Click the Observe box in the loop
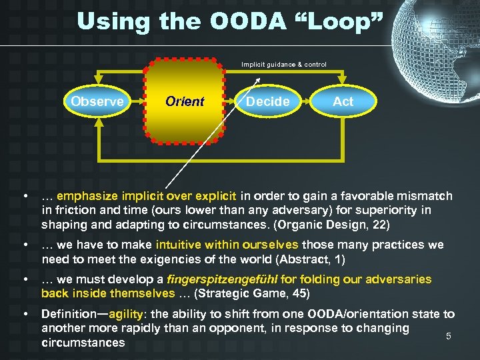(97, 101)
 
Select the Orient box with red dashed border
(184, 101)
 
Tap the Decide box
(267, 101)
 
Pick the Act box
(343, 101)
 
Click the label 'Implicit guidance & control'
(284, 65)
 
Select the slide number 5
(448, 336)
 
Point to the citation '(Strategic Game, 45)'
(249, 293)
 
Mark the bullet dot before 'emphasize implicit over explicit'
(25, 197)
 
